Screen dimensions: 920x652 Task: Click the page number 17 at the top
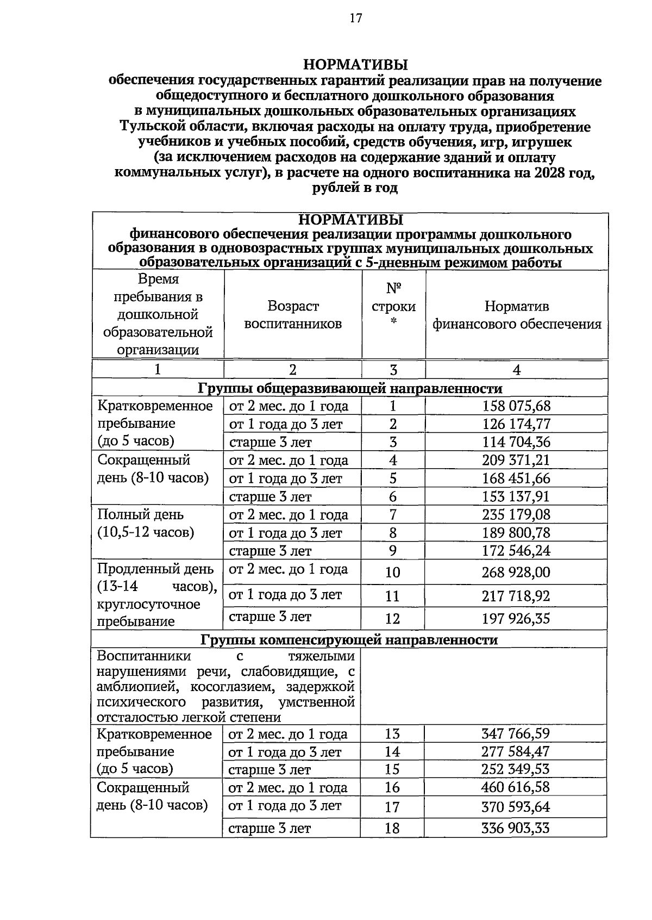(355, 18)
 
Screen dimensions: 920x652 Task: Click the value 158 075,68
(516, 406)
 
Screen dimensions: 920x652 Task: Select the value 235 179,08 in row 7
(516, 515)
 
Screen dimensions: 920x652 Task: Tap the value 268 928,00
(516, 573)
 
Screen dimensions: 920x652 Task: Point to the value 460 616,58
(516, 787)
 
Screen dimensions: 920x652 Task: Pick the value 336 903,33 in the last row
(516, 828)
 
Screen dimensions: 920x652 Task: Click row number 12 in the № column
(392, 619)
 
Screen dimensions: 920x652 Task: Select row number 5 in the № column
(393, 478)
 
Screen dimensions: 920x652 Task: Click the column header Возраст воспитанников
(293, 315)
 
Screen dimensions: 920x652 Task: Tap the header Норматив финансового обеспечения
(517, 315)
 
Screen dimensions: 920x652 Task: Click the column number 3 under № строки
(393, 370)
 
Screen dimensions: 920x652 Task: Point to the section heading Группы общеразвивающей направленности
(350, 388)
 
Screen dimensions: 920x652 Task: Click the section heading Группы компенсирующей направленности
(349, 639)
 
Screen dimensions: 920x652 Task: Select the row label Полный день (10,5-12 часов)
(146, 523)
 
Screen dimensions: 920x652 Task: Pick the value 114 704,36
(516, 442)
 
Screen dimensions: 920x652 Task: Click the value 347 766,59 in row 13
(516, 734)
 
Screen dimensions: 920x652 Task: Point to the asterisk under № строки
(393, 322)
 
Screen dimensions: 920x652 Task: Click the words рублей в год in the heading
(355, 189)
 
